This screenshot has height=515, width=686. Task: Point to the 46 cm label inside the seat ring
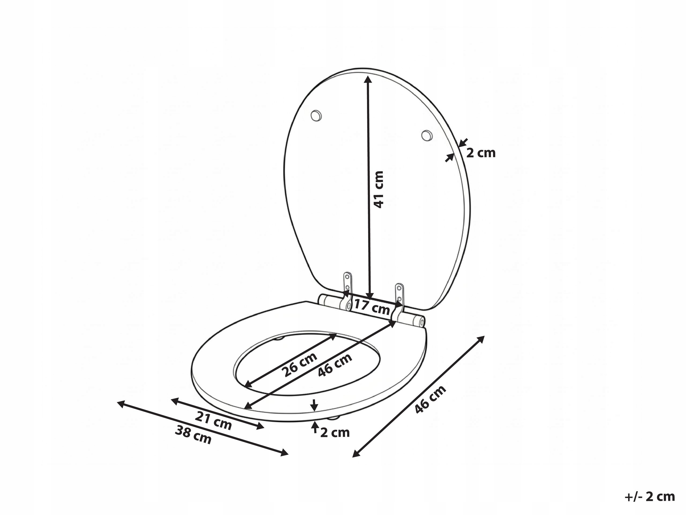tap(335, 364)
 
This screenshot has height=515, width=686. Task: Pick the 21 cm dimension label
tap(213, 421)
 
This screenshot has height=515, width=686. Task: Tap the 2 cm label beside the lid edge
tap(481, 153)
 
